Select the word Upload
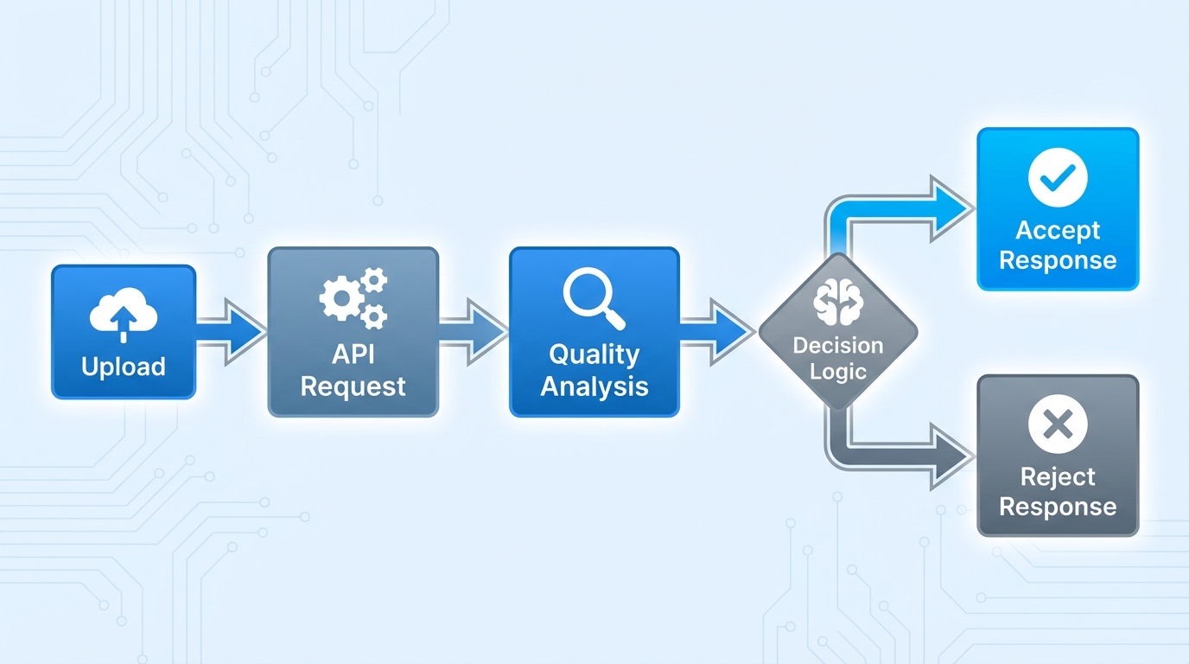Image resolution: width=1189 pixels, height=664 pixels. [x=124, y=367]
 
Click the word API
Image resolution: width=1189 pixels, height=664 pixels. [x=353, y=355]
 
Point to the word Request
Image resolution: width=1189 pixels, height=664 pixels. [x=353, y=386]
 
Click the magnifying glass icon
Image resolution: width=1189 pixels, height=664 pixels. [x=594, y=298]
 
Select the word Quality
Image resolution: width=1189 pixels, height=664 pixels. [x=594, y=354]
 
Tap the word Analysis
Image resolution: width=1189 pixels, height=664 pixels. [x=594, y=386]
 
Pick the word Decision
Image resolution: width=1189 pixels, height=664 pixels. [x=837, y=346]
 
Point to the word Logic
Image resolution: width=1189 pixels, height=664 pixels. [x=837, y=373]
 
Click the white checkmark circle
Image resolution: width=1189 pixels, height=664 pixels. [x=1058, y=177]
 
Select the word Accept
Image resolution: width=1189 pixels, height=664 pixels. [x=1058, y=230]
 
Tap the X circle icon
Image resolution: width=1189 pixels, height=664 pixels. [x=1058, y=424]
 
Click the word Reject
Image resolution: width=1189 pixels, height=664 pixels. [x=1058, y=476]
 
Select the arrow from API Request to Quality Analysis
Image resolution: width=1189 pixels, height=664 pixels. [x=474, y=332]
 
